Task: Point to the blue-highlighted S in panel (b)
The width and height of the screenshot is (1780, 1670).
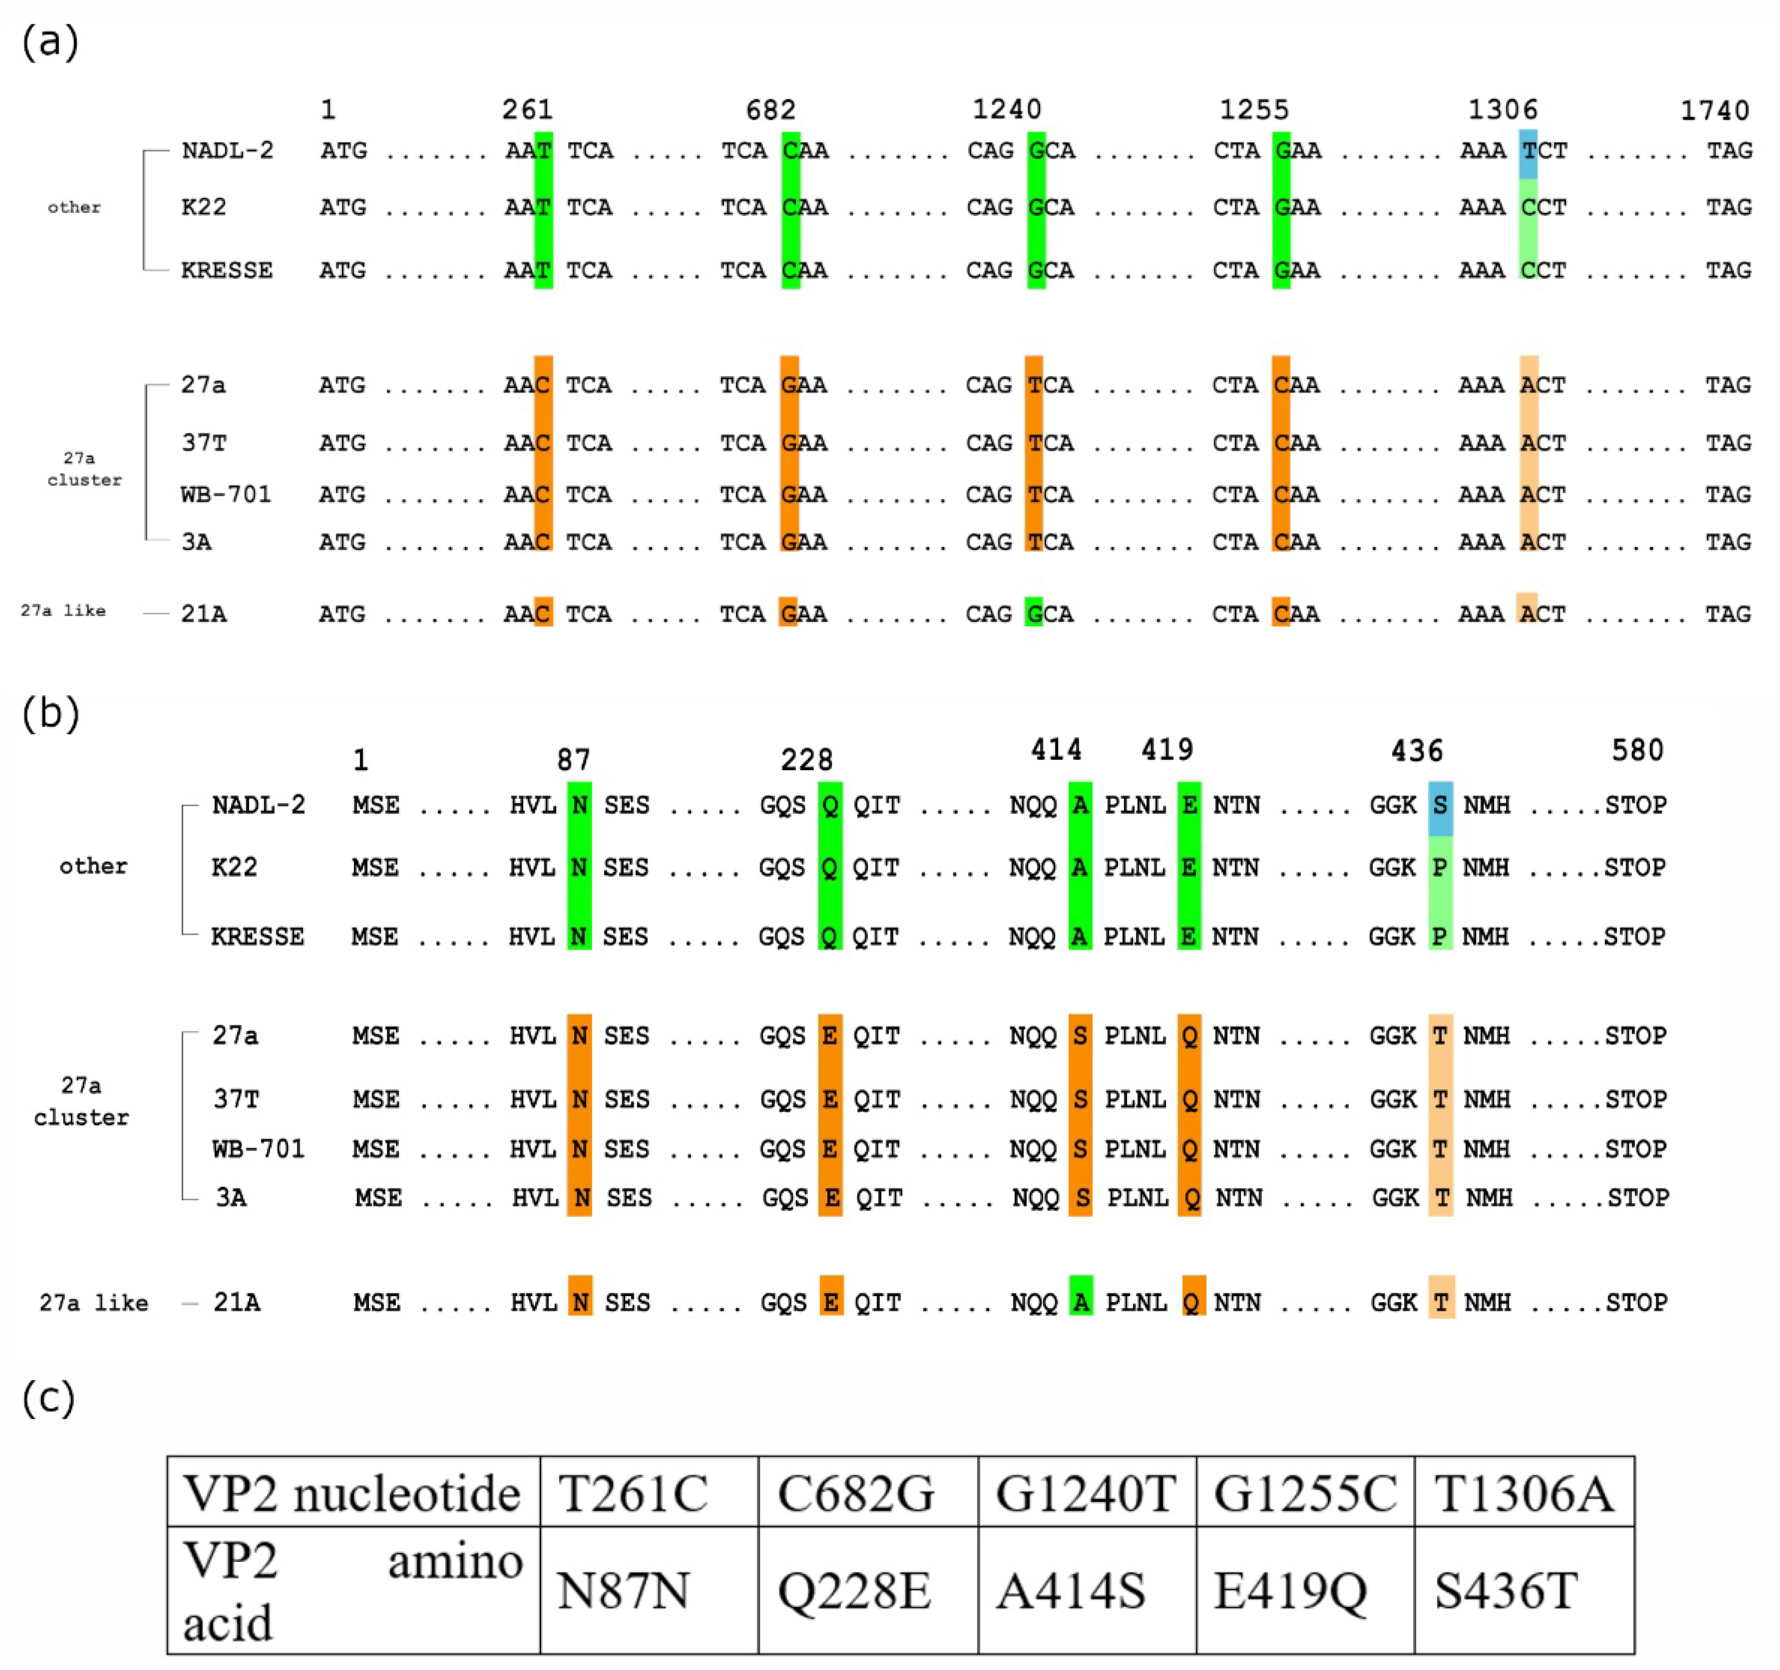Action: coord(1440,805)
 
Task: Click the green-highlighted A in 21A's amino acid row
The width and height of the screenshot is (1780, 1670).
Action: coord(1081,1302)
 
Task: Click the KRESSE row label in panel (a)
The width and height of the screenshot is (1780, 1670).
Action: coord(227,271)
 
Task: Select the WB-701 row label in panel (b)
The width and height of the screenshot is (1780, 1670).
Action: coord(258,1149)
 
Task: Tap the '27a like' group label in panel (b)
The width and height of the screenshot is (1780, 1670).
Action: coord(93,1303)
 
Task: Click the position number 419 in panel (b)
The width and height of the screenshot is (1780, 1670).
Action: coord(1167,749)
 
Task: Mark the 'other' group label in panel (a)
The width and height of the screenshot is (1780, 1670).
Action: coord(74,208)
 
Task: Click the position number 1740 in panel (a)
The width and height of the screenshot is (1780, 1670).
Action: coord(1714,110)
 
